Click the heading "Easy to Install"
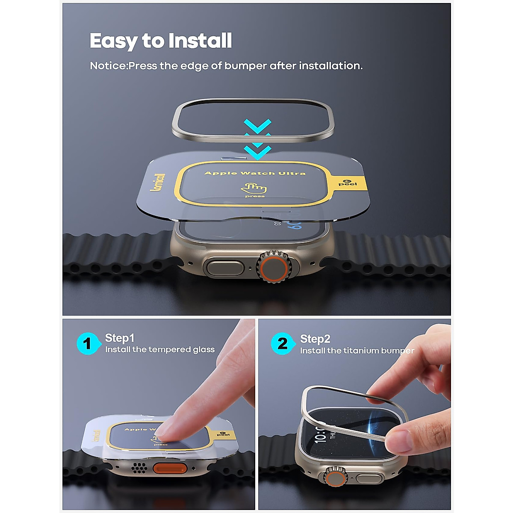pos(161,41)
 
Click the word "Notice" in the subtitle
pos(108,66)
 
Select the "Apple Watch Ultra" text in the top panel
pos(255,173)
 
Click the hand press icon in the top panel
pos(254,189)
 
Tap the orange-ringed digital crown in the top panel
pos(272,268)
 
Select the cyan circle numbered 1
pos(88,343)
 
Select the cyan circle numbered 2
pos(282,343)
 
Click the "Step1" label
pos(120,338)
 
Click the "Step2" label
pos(315,339)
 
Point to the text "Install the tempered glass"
pos(160,350)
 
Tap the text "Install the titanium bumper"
pos(357,351)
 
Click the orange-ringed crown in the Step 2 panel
pos(336,477)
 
